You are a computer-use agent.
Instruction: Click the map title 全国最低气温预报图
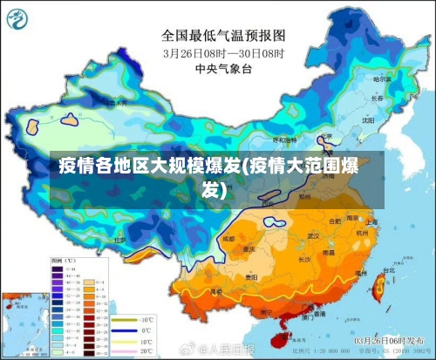223,36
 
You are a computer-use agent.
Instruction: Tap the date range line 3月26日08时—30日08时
223,52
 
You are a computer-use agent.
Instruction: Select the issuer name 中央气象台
223,67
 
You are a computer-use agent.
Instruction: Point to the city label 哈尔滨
381,79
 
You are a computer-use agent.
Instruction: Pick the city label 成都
228,237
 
